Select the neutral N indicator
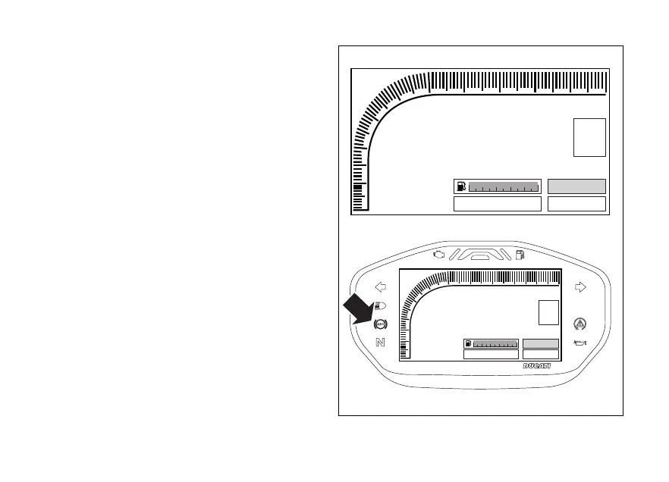(x=380, y=342)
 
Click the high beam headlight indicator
(x=380, y=306)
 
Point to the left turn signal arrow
(x=381, y=287)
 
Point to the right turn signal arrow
(x=581, y=287)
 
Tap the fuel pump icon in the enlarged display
(x=460, y=186)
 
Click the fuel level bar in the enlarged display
(x=502, y=186)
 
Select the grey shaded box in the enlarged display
(x=576, y=186)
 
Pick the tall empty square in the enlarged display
(x=589, y=137)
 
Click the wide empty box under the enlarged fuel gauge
(x=497, y=204)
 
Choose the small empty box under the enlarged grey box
(x=576, y=204)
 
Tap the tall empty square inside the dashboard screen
(x=548, y=313)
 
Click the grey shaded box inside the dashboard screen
(x=541, y=343)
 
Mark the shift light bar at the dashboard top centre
(x=479, y=256)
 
